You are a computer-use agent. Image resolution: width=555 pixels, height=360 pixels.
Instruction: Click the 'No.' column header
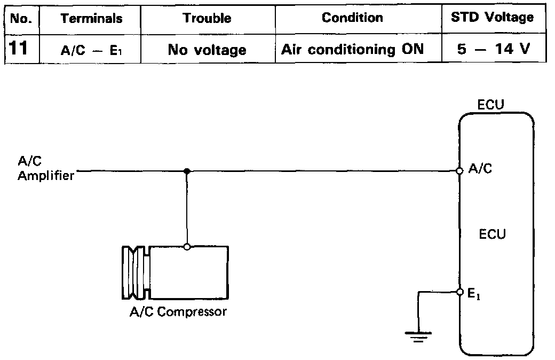click(22, 18)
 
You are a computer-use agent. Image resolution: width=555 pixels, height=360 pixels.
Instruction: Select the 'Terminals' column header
click(91, 18)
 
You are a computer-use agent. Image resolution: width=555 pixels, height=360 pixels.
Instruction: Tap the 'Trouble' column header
click(207, 18)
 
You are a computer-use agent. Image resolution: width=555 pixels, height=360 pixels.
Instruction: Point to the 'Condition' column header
click(352, 18)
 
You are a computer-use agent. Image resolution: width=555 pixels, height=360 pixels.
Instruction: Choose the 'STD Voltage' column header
click(492, 17)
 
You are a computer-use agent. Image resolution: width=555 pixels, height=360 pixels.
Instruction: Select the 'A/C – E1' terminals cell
click(91, 50)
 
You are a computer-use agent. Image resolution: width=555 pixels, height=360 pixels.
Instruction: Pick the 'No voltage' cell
click(207, 50)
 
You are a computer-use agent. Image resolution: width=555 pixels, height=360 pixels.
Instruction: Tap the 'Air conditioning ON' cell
click(352, 50)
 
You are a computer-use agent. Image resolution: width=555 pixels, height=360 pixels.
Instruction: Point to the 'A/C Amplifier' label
click(45, 170)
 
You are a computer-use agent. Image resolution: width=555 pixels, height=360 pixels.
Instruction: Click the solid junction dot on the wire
click(186, 171)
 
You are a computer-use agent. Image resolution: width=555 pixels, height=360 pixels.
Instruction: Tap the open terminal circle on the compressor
click(186, 246)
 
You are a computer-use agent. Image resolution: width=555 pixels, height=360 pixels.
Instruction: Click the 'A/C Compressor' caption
click(178, 311)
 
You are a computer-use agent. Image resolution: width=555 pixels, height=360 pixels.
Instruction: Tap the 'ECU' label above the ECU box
click(491, 105)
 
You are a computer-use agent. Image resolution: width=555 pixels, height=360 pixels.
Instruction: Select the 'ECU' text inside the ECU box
click(492, 234)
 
